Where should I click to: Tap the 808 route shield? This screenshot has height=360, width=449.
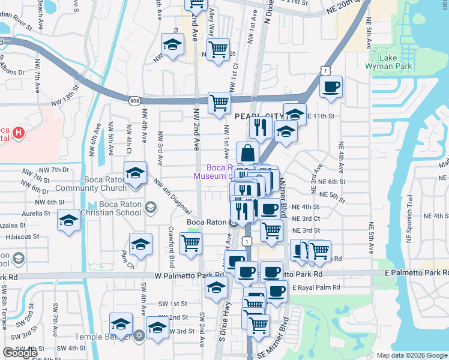coord(134,101)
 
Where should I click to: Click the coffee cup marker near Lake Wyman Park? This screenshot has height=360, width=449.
coord(331,87)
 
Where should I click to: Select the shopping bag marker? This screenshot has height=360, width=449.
coord(247,154)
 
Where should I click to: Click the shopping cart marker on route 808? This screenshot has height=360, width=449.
coord(219,103)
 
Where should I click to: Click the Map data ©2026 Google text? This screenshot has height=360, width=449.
coord(411,355)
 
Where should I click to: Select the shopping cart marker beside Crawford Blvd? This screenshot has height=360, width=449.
coord(191,244)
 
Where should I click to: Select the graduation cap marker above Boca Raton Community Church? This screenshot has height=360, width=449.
coord(136,173)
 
